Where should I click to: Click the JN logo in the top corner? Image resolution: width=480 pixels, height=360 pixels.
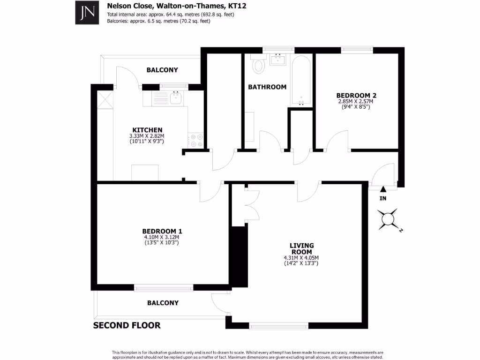click(88, 13)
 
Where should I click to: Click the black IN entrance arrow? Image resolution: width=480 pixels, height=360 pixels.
click(383, 189)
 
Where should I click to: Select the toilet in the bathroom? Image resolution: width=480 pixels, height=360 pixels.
click(258, 66)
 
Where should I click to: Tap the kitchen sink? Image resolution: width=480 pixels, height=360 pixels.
click(176, 98)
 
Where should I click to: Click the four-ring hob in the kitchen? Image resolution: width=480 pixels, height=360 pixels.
click(195, 140)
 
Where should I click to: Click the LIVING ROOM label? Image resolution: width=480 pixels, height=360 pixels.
click(301, 248)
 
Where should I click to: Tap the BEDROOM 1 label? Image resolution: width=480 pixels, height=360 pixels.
click(162, 231)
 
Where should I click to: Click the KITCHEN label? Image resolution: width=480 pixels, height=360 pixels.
click(147, 130)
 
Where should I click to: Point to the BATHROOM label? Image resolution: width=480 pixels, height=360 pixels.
click(267, 87)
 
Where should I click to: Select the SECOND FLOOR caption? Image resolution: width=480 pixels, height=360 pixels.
click(127, 325)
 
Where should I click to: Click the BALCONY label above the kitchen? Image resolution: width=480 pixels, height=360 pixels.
click(162, 70)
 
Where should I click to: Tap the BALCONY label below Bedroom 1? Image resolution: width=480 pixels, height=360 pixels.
click(163, 303)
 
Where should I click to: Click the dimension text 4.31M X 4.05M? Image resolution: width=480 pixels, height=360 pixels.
click(301, 257)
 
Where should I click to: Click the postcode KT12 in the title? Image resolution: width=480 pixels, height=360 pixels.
click(237, 6)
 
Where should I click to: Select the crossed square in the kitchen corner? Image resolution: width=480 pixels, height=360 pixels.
click(103, 99)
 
